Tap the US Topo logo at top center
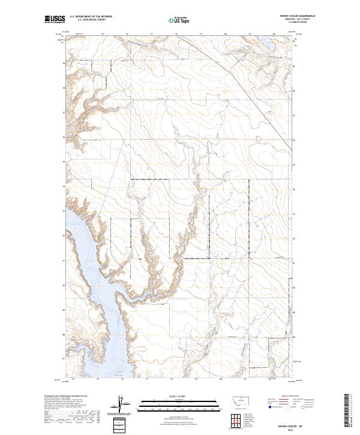[179, 20]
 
